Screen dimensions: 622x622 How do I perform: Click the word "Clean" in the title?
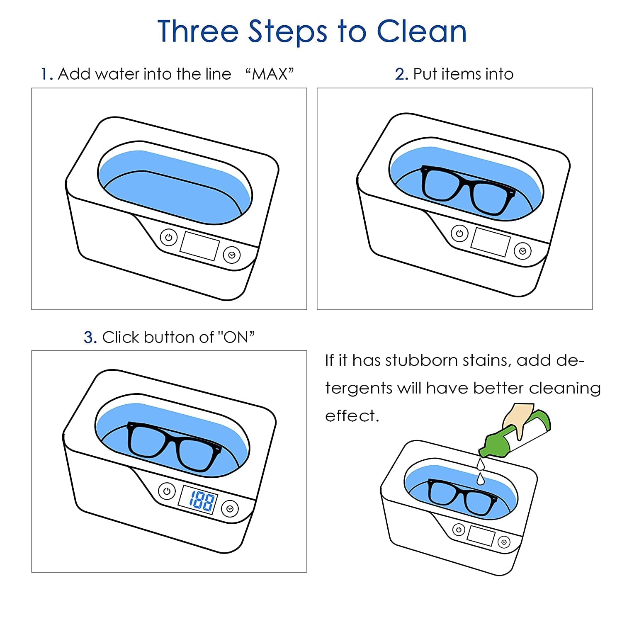click(x=421, y=31)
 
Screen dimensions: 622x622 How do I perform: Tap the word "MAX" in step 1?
click(x=270, y=74)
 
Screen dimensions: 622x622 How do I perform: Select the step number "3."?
click(x=90, y=338)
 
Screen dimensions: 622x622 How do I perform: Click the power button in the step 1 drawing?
click(x=168, y=238)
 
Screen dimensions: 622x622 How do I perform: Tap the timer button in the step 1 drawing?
click(x=232, y=255)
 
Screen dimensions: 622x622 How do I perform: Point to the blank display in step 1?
click(x=199, y=246)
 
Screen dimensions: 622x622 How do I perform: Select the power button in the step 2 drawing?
click(x=459, y=233)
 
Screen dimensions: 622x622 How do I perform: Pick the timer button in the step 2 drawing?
click(x=523, y=251)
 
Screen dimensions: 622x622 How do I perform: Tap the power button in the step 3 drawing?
click(x=167, y=492)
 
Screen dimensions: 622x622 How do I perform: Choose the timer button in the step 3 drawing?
click(x=230, y=509)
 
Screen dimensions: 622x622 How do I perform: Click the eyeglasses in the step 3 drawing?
click(x=174, y=446)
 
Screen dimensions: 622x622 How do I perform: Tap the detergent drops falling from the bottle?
click(x=481, y=471)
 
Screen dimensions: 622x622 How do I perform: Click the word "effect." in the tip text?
click(x=352, y=415)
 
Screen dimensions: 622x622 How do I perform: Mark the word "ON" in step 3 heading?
click(x=236, y=337)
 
